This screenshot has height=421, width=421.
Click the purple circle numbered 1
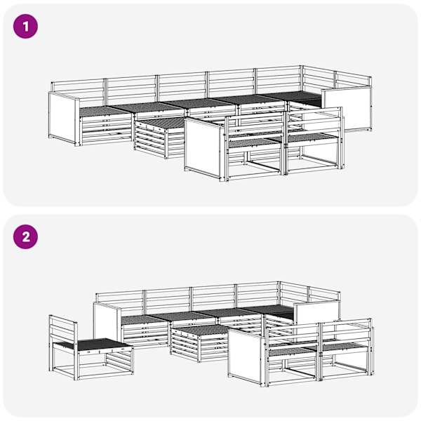(x=25, y=27)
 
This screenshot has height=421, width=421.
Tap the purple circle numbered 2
(x=25, y=237)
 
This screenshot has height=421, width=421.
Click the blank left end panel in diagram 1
(x=64, y=119)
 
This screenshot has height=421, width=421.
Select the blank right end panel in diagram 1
(x=347, y=108)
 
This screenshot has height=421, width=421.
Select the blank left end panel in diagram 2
(x=106, y=322)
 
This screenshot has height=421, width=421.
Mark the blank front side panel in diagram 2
(x=245, y=354)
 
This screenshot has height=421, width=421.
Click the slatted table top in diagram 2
(x=199, y=330)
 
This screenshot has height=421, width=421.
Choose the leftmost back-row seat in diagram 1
(x=105, y=111)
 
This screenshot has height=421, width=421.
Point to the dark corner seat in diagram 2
(x=270, y=310)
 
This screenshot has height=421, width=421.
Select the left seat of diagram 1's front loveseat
(x=255, y=143)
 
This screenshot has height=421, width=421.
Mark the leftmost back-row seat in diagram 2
(x=145, y=319)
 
